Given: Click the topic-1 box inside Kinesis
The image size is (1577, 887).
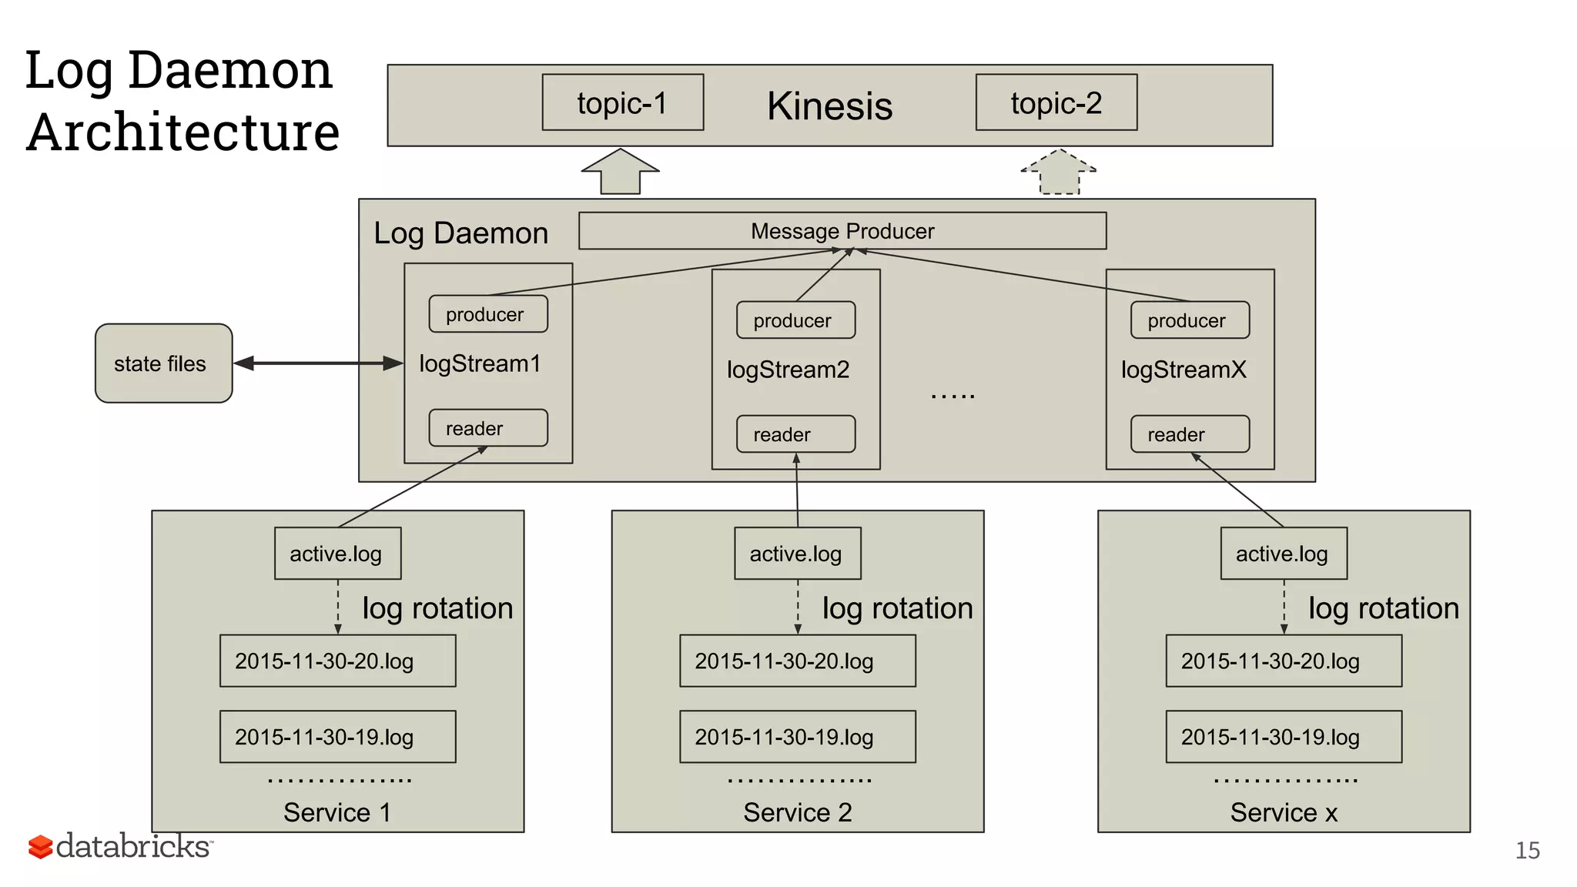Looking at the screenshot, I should tap(622, 102).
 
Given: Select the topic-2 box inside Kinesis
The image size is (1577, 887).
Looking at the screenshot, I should tap(1056, 102).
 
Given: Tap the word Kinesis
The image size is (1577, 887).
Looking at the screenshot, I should tap(829, 106).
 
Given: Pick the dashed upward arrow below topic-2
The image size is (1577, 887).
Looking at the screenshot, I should tap(1059, 172).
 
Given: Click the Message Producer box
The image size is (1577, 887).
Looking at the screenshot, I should tap(842, 231).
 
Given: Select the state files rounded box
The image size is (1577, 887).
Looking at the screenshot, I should tap(163, 363).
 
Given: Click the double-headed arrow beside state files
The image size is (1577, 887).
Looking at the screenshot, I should tap(318, 363).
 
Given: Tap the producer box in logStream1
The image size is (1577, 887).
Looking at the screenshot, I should tap(487, 314).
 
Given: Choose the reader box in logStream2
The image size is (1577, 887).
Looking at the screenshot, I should tap(795, 434).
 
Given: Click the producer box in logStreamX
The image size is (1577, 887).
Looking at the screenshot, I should tap(1189, 320).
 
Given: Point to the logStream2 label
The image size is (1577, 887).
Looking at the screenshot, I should tap(788, 370).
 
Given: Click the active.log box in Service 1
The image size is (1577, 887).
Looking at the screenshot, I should tap(337, 554).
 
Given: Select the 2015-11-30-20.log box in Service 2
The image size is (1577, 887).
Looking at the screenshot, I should tap(797, 661).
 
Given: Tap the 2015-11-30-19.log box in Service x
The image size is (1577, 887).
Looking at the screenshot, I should tap(1283, 737).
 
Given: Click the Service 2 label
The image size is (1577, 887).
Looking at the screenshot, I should tap(797, 812).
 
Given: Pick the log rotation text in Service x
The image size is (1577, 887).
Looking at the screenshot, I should tap(1383, 608).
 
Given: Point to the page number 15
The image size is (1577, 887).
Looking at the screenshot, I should tap(1527, 850).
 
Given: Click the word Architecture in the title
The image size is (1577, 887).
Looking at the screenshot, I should tap(183, 132).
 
